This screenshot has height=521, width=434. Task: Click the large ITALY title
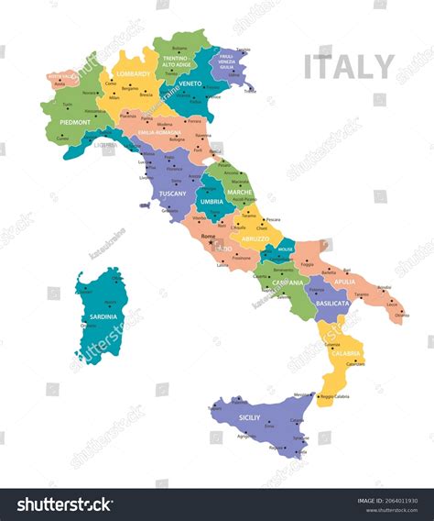point(349,67)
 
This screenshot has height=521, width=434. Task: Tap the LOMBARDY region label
point(135,73)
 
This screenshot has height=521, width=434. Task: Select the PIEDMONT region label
point(75,122)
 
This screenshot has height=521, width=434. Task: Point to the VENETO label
point(190,83)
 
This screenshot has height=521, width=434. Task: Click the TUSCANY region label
point(172,194)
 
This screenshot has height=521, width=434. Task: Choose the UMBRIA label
point(211,201)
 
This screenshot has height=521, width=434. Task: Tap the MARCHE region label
point(239,193)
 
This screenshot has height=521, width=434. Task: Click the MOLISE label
point(284,248)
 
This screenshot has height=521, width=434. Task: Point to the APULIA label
point(345,282)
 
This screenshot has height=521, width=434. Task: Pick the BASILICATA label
point(332,303)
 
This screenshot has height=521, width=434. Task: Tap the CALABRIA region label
point(346,353)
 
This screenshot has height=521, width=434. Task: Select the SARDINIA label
point(103,316)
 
